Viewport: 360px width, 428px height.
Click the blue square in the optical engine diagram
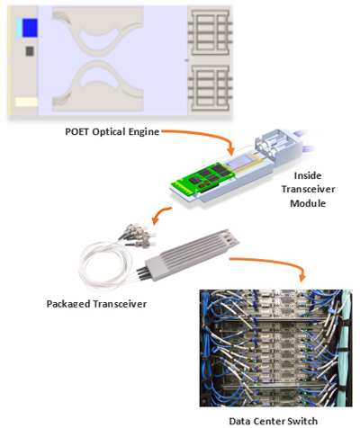click(28, 29)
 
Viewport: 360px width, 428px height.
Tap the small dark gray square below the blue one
click(29, 51)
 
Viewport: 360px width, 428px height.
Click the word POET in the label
click(76, 132)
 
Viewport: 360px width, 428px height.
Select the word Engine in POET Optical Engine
click(143, 132)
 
